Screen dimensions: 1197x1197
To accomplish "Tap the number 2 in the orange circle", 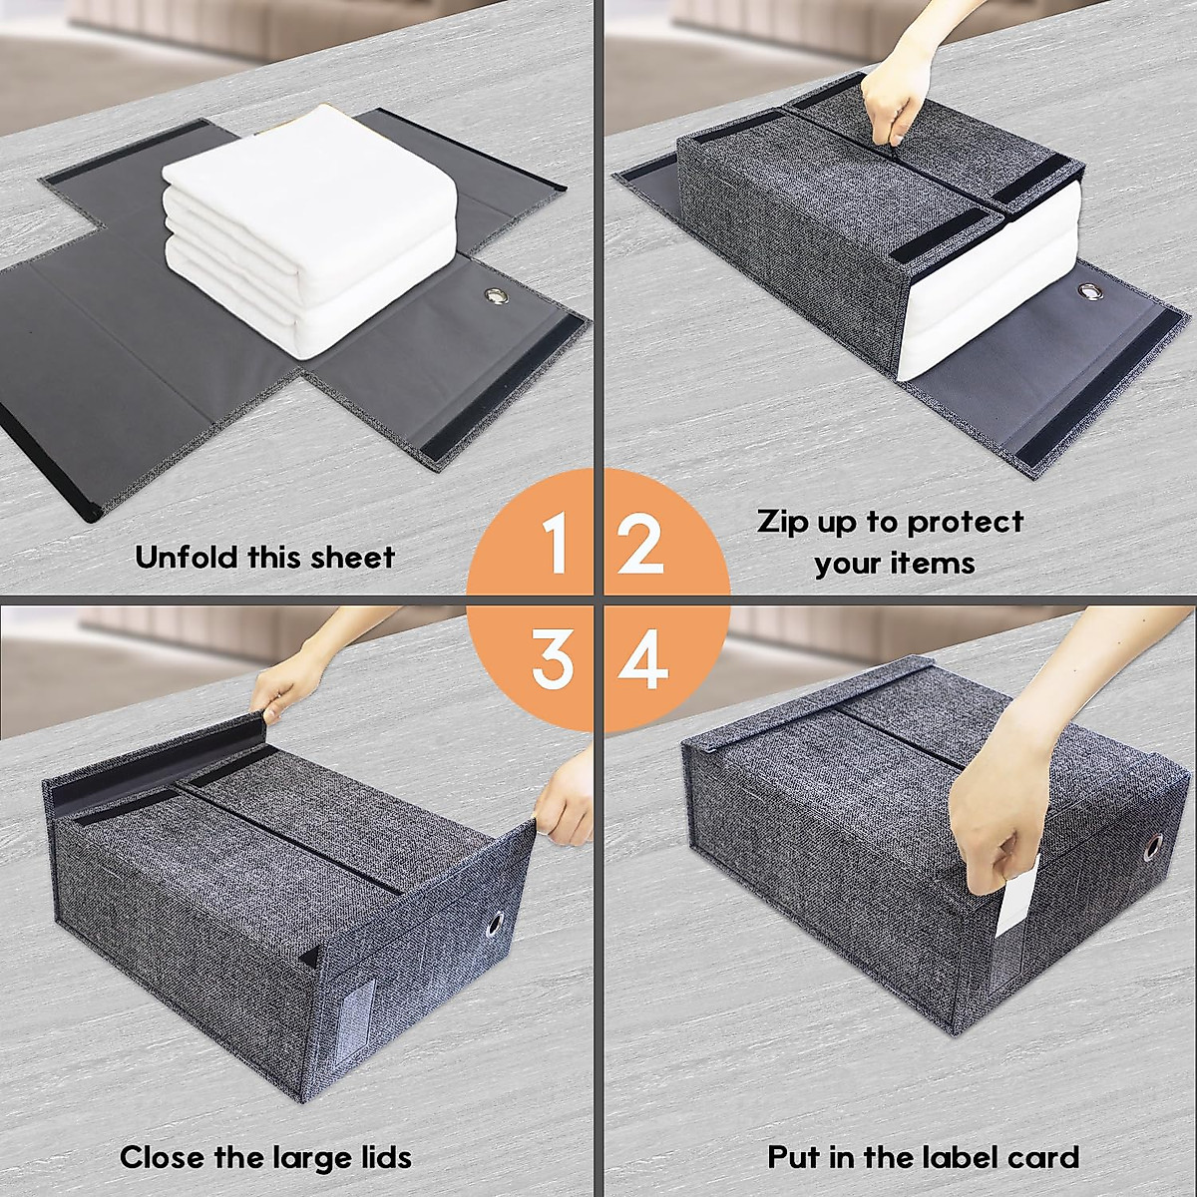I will coord(640,543).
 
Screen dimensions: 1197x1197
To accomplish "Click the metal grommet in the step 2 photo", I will coord(1088,291).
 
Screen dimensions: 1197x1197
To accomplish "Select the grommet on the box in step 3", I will coord(495,929).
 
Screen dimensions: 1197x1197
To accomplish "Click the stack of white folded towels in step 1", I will coord(309,219).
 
